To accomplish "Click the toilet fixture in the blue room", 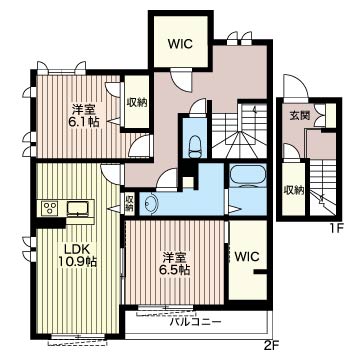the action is (x=194, y=147).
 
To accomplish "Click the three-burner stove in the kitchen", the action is (x=50, y=208).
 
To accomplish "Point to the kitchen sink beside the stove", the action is (x=78, y=209).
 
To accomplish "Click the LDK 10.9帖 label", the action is (x=78, y=255).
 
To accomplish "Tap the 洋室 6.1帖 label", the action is (x=85, y=116).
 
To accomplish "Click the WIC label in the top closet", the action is (x=180, y=44).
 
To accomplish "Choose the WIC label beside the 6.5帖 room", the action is (x=247, y=257).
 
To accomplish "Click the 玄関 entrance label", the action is (x=299, y=115).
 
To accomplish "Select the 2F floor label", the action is (x=273, y=346).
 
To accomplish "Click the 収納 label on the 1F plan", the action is (x=294, y=190).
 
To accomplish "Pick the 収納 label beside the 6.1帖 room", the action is (x=137, y=103).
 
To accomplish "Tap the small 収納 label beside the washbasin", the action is (x=130, y=203).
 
